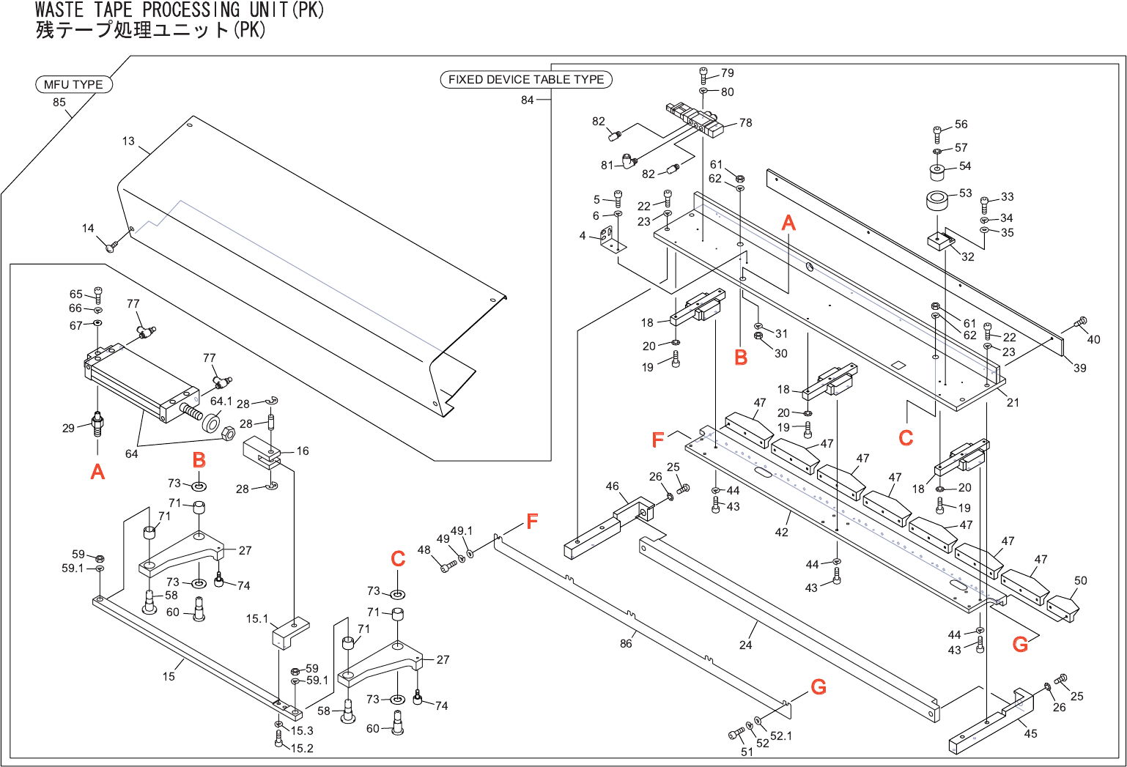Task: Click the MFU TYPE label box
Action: [74, 84]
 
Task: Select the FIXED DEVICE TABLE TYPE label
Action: [526, 79]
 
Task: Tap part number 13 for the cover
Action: [128, 141]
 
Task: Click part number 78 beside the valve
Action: [746, 122]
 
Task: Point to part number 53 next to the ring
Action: [966, 193]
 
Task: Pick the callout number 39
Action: [1080, 368]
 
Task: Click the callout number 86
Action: [626, 643]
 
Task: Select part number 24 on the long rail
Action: [745, 645]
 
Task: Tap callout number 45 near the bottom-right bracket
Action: [1030, 733]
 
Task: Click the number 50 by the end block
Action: [1081, 580]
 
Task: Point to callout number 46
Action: [613, 486]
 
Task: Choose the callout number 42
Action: [782, 532]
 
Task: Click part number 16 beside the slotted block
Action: [303, 451]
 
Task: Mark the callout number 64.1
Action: [221, 401]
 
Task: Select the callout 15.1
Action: [257, 618]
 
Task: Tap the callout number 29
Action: [68, 428]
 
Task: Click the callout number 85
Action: [59, 102]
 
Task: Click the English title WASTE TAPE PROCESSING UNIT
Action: [180, 10]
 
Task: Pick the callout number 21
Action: [1013, 402]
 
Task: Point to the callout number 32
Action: [968, 256]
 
